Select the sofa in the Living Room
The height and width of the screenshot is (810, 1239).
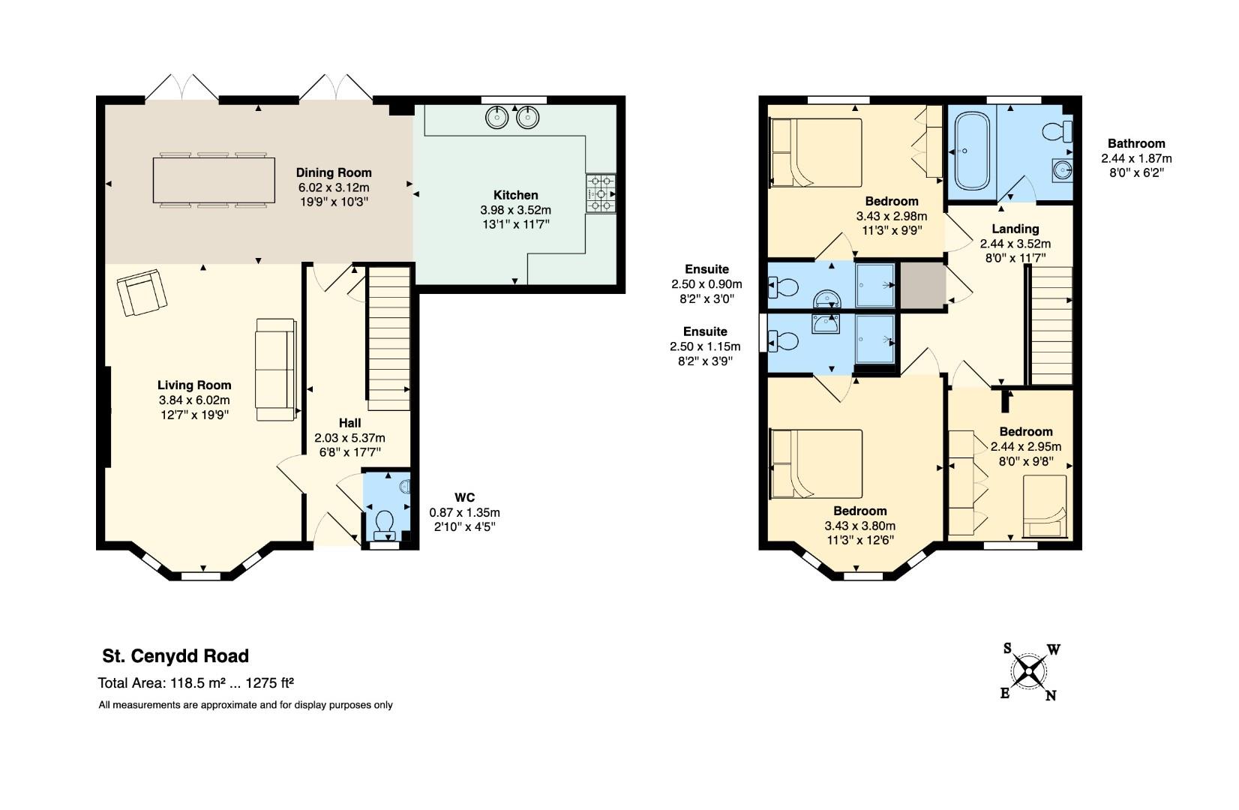[275, 369]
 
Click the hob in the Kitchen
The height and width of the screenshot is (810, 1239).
[601, 193]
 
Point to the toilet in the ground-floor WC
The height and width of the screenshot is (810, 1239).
[385, 522]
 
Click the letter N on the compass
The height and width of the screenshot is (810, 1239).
[1051, 696]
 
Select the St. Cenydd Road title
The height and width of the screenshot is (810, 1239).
[175, 656]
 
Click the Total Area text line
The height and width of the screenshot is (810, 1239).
[196, 683]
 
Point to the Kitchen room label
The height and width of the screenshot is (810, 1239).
[515, 195]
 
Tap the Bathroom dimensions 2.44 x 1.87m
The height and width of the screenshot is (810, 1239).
[1135, 158]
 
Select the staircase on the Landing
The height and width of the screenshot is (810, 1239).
[1051, 326]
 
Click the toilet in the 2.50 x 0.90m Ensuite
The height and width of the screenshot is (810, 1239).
[784, 286]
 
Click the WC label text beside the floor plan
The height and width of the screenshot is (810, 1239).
[464, 497]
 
